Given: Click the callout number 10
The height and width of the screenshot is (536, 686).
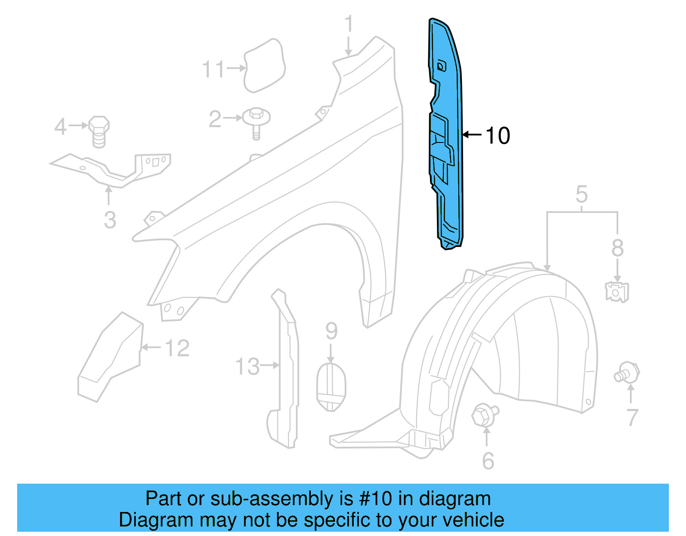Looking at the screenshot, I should coord(498,136).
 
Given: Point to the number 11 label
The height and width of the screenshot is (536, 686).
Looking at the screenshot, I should coord(213,69).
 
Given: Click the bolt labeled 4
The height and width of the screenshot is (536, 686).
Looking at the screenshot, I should coord(99,131).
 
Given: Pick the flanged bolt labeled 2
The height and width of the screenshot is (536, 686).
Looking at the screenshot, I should coord(256,121).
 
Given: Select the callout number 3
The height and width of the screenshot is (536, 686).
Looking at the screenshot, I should coord(110,220).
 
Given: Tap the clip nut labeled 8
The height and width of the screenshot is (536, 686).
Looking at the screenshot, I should coord(617,292).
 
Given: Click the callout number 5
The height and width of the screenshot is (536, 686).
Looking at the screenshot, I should coord(581,194).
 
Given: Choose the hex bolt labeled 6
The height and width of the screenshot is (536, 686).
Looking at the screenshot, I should coord(484,415).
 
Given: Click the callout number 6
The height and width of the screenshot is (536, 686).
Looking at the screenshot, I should coord(488,461).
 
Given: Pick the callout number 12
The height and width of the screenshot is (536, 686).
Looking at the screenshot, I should coord(177,348).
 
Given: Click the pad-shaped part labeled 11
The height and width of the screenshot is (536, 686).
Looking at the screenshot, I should coord(264,66).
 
